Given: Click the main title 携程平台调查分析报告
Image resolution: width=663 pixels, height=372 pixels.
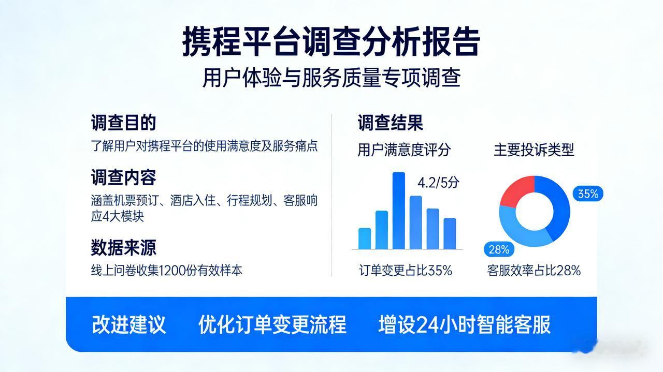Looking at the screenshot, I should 331,42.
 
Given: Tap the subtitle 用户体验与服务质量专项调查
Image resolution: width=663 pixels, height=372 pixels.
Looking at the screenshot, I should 331,79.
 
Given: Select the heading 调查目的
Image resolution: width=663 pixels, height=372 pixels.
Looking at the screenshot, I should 123,123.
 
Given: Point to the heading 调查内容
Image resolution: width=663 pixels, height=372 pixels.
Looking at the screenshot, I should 123,177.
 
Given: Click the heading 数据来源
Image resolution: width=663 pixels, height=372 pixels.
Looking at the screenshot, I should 123,247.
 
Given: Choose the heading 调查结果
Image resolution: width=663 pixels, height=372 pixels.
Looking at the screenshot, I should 390,123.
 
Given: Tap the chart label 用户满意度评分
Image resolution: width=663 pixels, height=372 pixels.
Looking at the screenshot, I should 404,150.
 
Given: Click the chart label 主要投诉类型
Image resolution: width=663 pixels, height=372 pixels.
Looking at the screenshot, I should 534,150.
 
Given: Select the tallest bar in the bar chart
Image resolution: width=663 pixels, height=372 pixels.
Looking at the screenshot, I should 399,211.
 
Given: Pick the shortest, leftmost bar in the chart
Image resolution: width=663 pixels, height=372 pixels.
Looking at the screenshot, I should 365,239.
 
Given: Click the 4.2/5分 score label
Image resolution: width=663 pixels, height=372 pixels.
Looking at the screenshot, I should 438,183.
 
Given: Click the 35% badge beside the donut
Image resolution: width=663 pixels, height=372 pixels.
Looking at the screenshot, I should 588,194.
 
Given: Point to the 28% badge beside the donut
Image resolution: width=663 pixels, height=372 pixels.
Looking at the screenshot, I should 499,249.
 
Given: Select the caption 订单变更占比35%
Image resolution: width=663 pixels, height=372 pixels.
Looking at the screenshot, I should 406,270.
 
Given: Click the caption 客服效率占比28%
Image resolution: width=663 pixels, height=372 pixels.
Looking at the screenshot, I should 534,270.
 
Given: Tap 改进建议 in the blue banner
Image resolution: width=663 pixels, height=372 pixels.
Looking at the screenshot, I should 129,324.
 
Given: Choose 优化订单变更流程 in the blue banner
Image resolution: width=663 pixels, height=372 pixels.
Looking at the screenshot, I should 272,324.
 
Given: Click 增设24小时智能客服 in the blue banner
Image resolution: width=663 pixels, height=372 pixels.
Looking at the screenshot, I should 464,324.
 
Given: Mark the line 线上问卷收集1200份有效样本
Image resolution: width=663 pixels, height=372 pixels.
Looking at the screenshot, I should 167,270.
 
